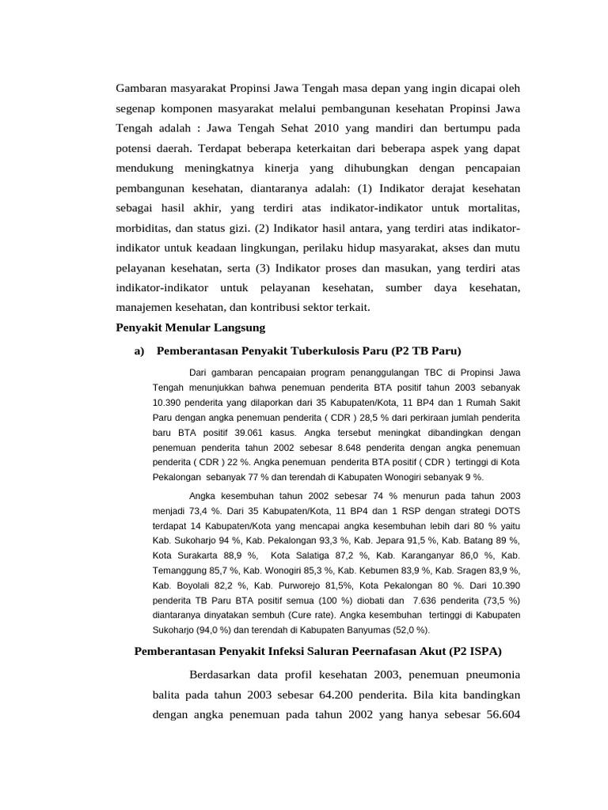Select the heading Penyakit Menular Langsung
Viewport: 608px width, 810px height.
190,327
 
